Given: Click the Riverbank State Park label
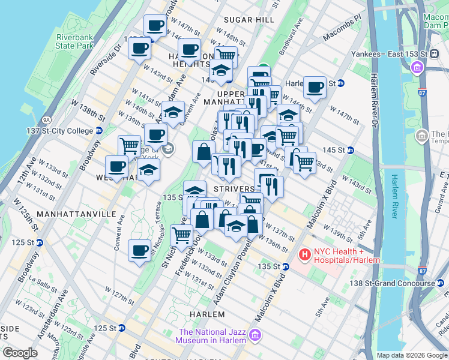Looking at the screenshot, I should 76,41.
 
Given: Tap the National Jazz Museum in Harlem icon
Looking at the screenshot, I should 256,335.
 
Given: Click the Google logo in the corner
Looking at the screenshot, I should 20,353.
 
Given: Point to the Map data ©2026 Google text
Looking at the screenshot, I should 412,355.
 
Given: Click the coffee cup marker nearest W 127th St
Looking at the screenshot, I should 140,250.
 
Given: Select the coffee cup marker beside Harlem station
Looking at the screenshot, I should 315,88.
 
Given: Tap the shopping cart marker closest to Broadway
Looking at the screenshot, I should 130,146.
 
